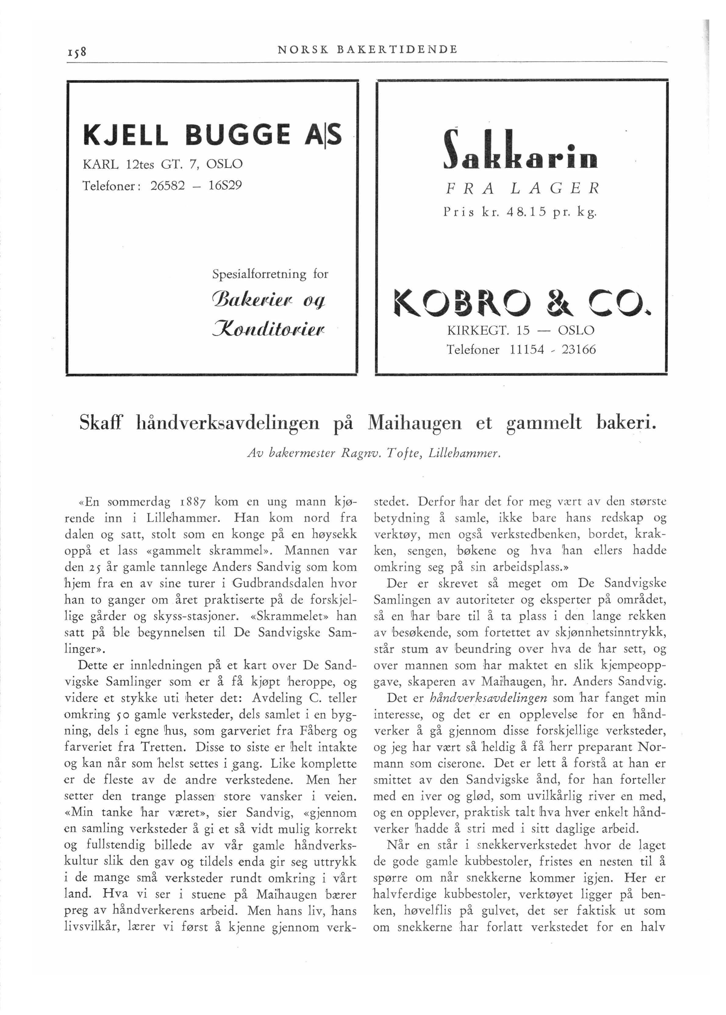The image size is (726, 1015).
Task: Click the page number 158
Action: pos(78,51)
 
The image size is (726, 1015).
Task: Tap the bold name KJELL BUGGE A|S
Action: pos(212,135)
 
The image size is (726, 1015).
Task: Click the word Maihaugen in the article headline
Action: pos(413,422)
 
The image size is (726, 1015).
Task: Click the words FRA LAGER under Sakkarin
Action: pos(521,189)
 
